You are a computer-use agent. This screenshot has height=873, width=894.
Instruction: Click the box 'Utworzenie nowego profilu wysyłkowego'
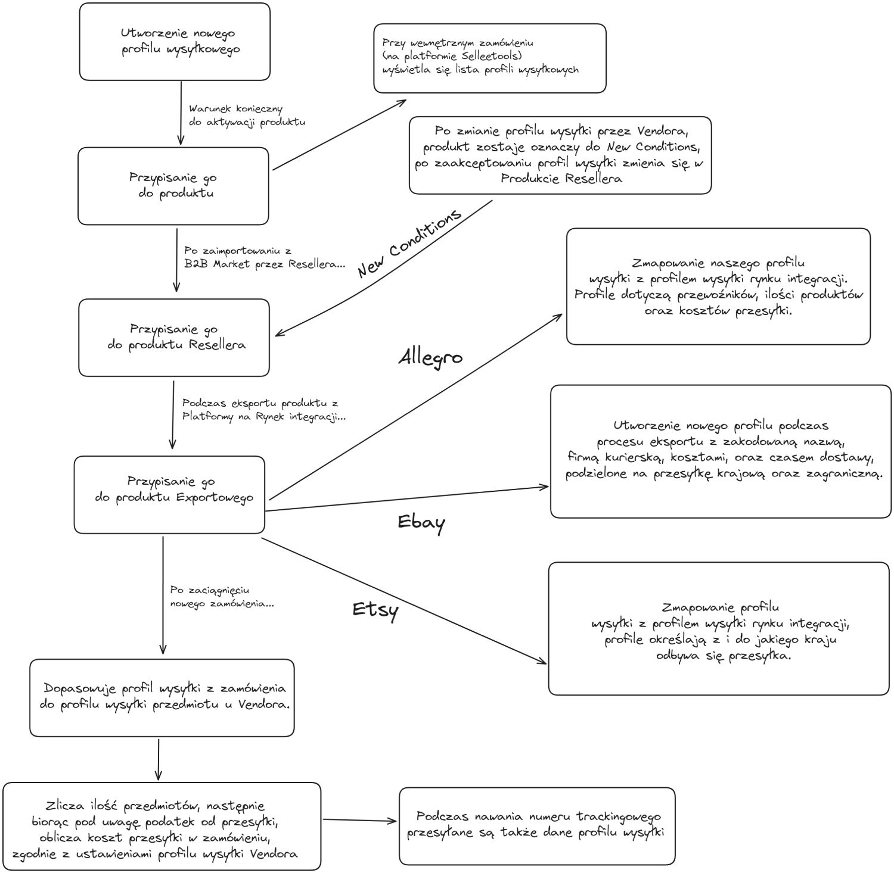coord(175,42)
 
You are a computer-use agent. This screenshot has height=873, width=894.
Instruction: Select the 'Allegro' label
coord(430,358)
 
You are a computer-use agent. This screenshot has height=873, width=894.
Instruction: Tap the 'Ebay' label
coord(421,522)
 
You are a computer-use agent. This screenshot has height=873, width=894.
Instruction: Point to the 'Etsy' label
coord(375,610)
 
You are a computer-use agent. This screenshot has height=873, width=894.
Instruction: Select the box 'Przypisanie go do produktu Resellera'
coord(174,338)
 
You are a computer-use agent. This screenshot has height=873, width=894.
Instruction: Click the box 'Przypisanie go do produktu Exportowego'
coord(169,495)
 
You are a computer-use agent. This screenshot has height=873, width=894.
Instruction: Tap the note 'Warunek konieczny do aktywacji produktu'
coord(247,116)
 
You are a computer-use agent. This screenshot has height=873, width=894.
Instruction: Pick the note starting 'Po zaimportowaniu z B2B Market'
coord(264,257)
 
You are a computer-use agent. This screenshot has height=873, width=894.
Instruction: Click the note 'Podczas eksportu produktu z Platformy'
coord(263,410)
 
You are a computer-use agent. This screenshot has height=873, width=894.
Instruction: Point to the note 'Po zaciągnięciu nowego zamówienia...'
coord(222,597)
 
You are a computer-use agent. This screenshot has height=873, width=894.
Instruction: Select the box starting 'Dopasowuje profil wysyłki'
coord(162,697)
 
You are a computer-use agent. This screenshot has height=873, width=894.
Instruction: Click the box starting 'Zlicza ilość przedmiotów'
coord(162,827)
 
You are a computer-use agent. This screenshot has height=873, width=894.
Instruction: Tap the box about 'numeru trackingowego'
coord(536,826)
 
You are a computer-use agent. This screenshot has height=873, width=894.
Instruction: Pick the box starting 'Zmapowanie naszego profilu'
coord(718,286)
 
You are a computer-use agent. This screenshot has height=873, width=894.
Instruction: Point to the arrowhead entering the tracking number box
coord(393,821)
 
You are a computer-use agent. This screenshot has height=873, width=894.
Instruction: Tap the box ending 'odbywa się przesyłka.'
coord(718,628)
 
